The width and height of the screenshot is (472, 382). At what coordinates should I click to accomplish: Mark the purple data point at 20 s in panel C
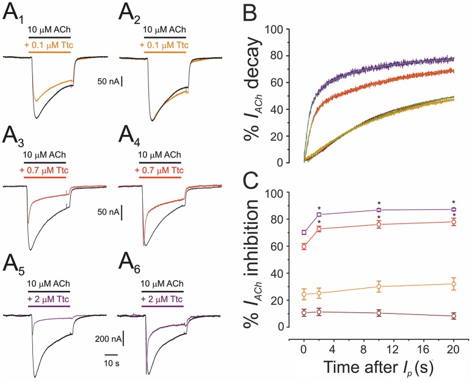pos(454,209)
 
